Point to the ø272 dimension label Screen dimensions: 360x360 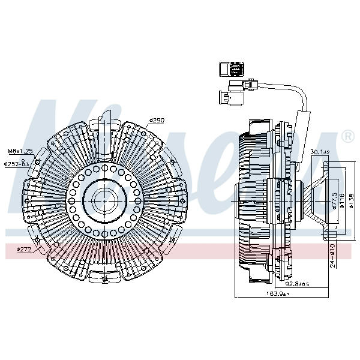pyautogui.click(x=24, y=248)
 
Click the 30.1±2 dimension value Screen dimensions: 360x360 pyautogui.click(x=320, y=152)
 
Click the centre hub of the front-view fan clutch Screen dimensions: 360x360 pyautogui.click(x=104, y=197)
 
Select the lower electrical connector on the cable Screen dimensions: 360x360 pyautogui.click(x=231, y=95)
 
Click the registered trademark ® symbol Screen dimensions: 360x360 pyautogui.click(x=347, y=137)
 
